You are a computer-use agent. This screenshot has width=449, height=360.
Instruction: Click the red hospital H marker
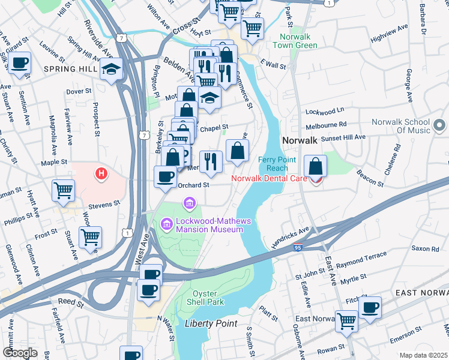pos(102,174)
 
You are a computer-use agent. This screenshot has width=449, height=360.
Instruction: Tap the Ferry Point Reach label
pos(277,164)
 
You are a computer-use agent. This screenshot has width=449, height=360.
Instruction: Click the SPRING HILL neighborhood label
pos(70,69)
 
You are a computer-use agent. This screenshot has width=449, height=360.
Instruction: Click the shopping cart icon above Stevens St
pos(64,190)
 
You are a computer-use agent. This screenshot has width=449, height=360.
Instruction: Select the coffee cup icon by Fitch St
pos(370,307)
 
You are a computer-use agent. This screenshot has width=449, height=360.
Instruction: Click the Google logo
pos(20,353)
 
